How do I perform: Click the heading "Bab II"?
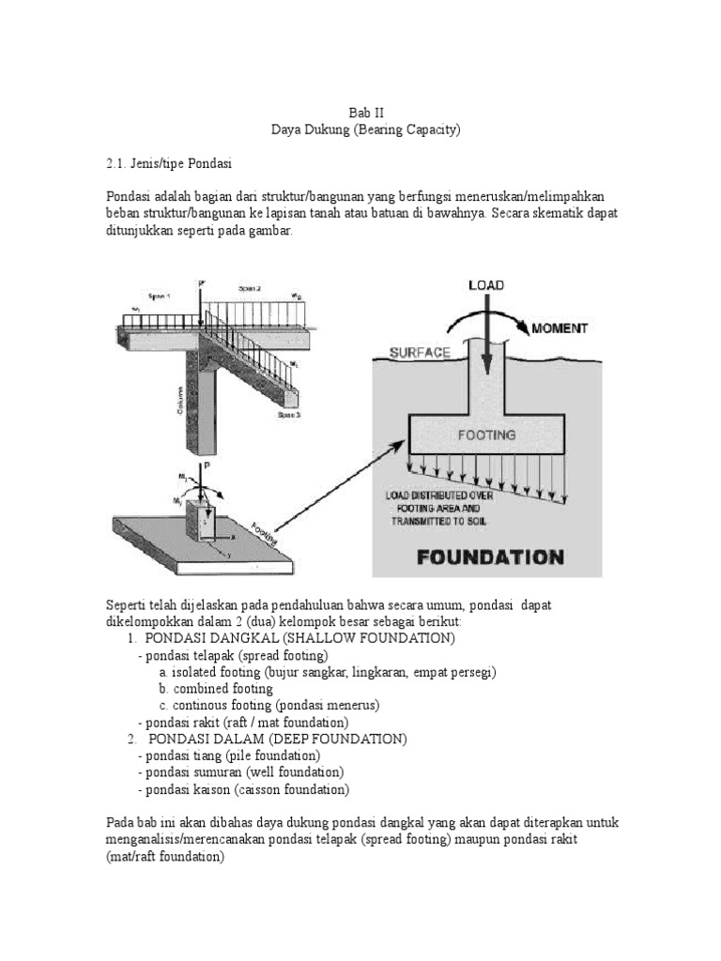pyautogui.click(x=360, y=111)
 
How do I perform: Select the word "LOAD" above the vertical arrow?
pyautogui.click(x=485, y=285)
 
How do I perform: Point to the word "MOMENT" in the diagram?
pyautogui.click(x=560, y=328)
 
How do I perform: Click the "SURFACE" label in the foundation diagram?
pyautogui.click(x=421, y=353)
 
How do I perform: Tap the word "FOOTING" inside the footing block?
pyautogui.click(x=485, y=435)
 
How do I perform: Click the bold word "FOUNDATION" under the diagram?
pyautogui.click(x=489, y=557)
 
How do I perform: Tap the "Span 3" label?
pyautogui.click(x=289, y=414)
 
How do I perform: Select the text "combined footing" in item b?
pyautogui.click(x=209, y=689)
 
